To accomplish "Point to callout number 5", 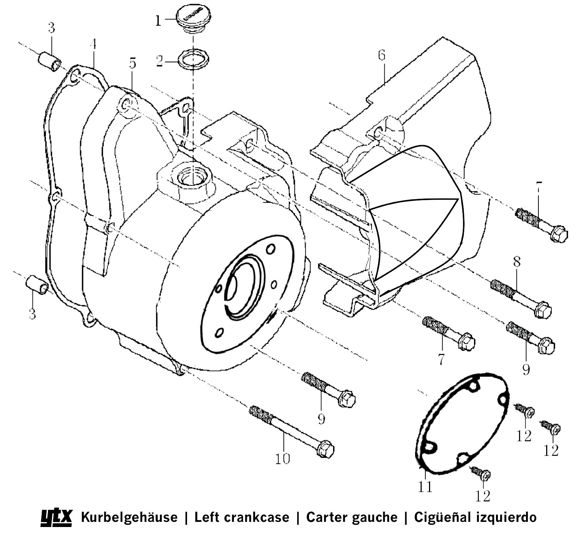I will (132, 63).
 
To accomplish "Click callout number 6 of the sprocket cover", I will (382, 55).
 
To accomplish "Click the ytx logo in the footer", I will (56, 517).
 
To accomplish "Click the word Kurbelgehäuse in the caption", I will (129, 517).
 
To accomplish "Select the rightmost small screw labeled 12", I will (551, 428).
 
